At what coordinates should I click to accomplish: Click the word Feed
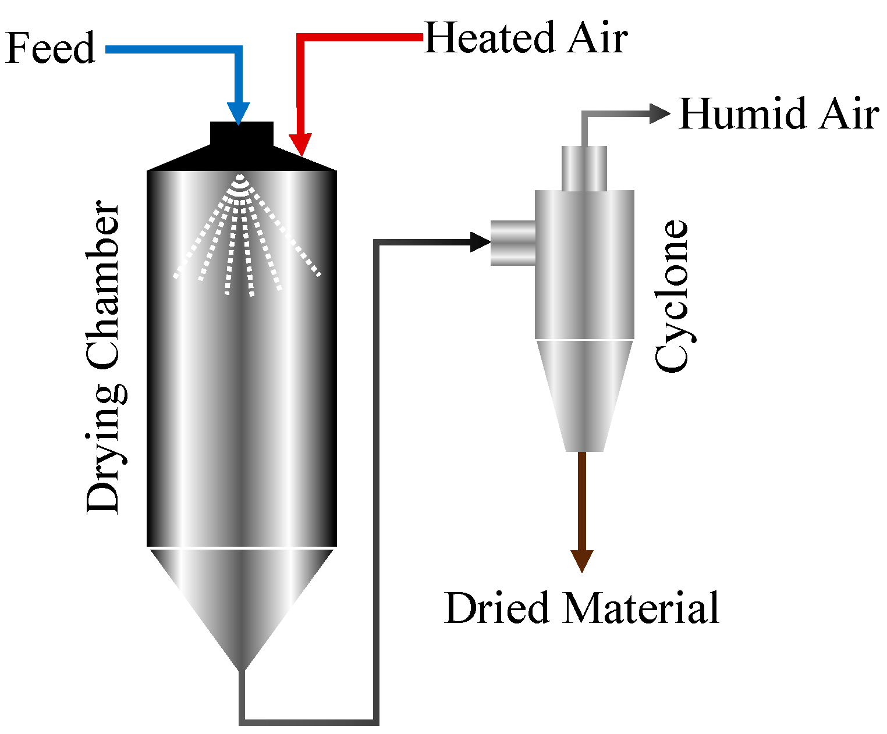tap(50, 48)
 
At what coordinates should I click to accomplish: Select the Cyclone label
tap(672, 295)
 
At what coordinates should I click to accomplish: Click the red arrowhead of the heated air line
tap(300, 144)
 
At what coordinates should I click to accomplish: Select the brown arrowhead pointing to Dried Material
tap(581, 560)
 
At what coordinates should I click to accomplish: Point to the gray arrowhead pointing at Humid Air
tap(659, 114)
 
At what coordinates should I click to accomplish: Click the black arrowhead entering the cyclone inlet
tap(480, 241)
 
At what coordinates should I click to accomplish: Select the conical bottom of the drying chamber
tap(242, 599)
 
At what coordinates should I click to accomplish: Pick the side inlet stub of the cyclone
tap(512, 243)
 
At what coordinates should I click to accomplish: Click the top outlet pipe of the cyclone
tap(584, 168)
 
